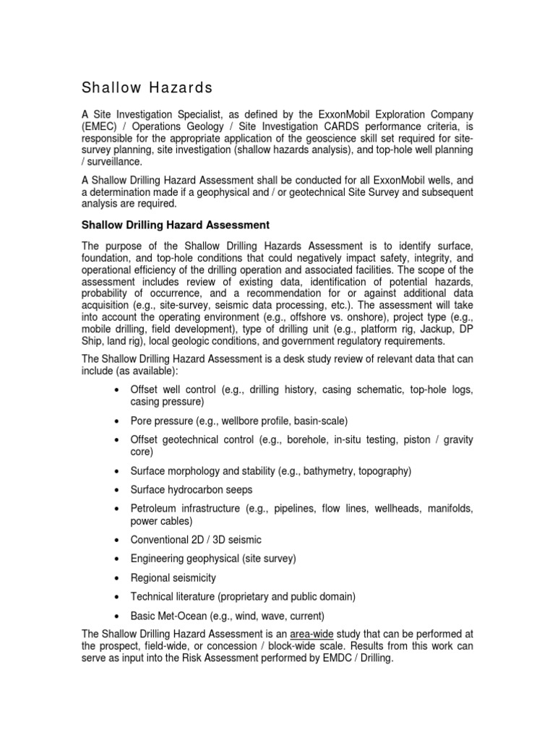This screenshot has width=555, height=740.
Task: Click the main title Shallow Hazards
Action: (147, 88)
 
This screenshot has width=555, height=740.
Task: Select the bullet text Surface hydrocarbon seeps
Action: (191, 489)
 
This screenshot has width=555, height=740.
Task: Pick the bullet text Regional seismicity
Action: (173, 578)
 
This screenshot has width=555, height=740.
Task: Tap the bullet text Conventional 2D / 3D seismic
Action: (196, 540)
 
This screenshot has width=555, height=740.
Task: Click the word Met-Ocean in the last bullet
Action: (183, 616)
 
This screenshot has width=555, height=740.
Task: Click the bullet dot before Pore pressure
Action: (118, 421)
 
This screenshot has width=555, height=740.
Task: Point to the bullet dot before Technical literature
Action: (118, 597)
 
